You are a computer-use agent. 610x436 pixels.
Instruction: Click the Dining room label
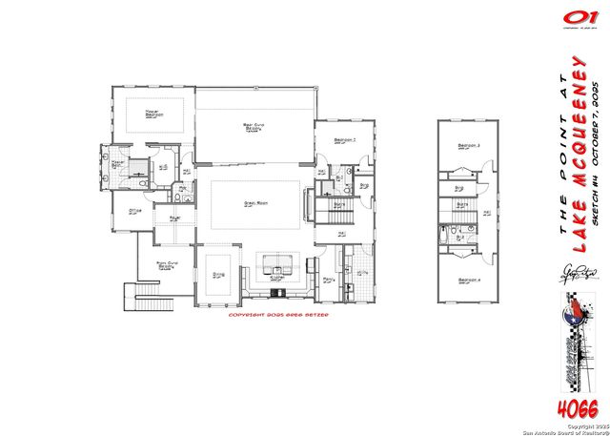pyautogui.click(x=218, y=273)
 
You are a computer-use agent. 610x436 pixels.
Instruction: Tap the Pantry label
pyautogui.click(x=327, y=280)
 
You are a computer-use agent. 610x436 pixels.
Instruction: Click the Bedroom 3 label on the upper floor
pyautogui.click(x=467, y=145)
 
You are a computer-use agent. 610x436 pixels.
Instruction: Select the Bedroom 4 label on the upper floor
pyautogui.click(x=467, y=280)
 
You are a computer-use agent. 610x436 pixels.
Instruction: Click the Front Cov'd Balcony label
pyautogui.click(x=165, y=267)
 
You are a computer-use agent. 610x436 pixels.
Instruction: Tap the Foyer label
pyautogui.click(x=175, y=218)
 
